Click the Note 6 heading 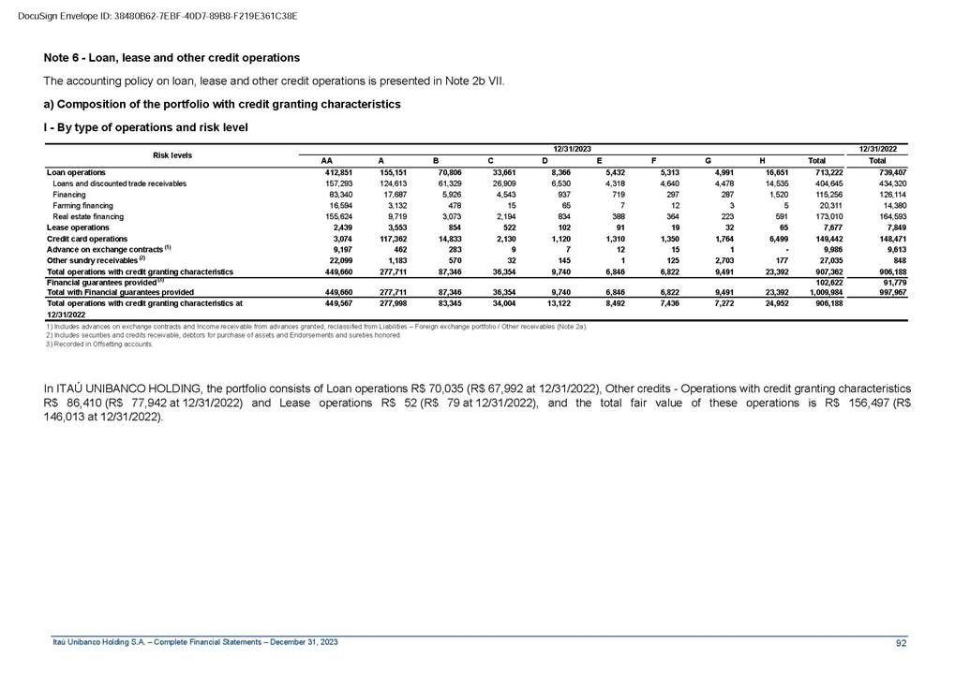click(165, 58)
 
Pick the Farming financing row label click(82, 205)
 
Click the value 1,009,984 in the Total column click(828, 292)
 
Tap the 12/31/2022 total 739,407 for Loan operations click(891, 172)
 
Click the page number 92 click(902, 642)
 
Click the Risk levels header click(172, 154)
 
